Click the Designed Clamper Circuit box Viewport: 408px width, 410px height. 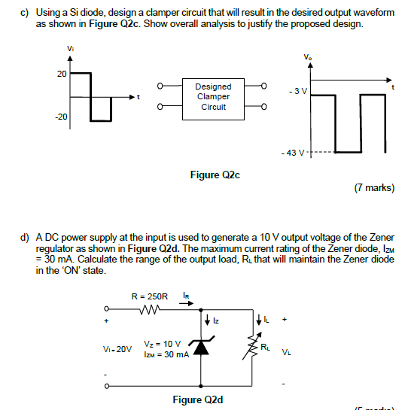[x=213, y=97]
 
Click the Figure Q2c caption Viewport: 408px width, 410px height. [x=215, y=175]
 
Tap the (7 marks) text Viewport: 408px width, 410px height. [x=373, y=188]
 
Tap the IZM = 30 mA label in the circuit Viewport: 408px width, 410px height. [x=168, y=354]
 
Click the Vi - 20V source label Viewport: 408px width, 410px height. [x=117, y=349]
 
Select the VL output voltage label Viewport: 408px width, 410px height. [x=286, y=351]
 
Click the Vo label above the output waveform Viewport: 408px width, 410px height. [x=306, y=57]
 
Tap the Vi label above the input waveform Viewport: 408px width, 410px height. [x=71, y=50]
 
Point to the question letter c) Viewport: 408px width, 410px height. [x=24, y=13]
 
